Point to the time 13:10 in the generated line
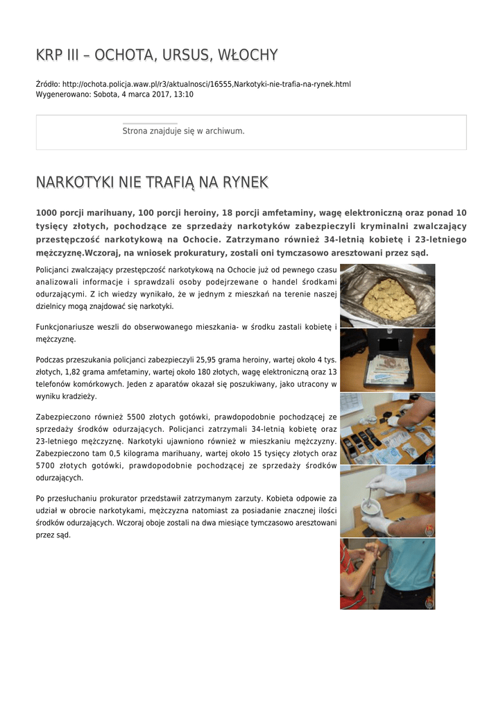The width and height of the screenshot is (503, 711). click(x=184, y=94)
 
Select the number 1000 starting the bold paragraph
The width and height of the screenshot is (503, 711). click(x=46, y=212)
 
